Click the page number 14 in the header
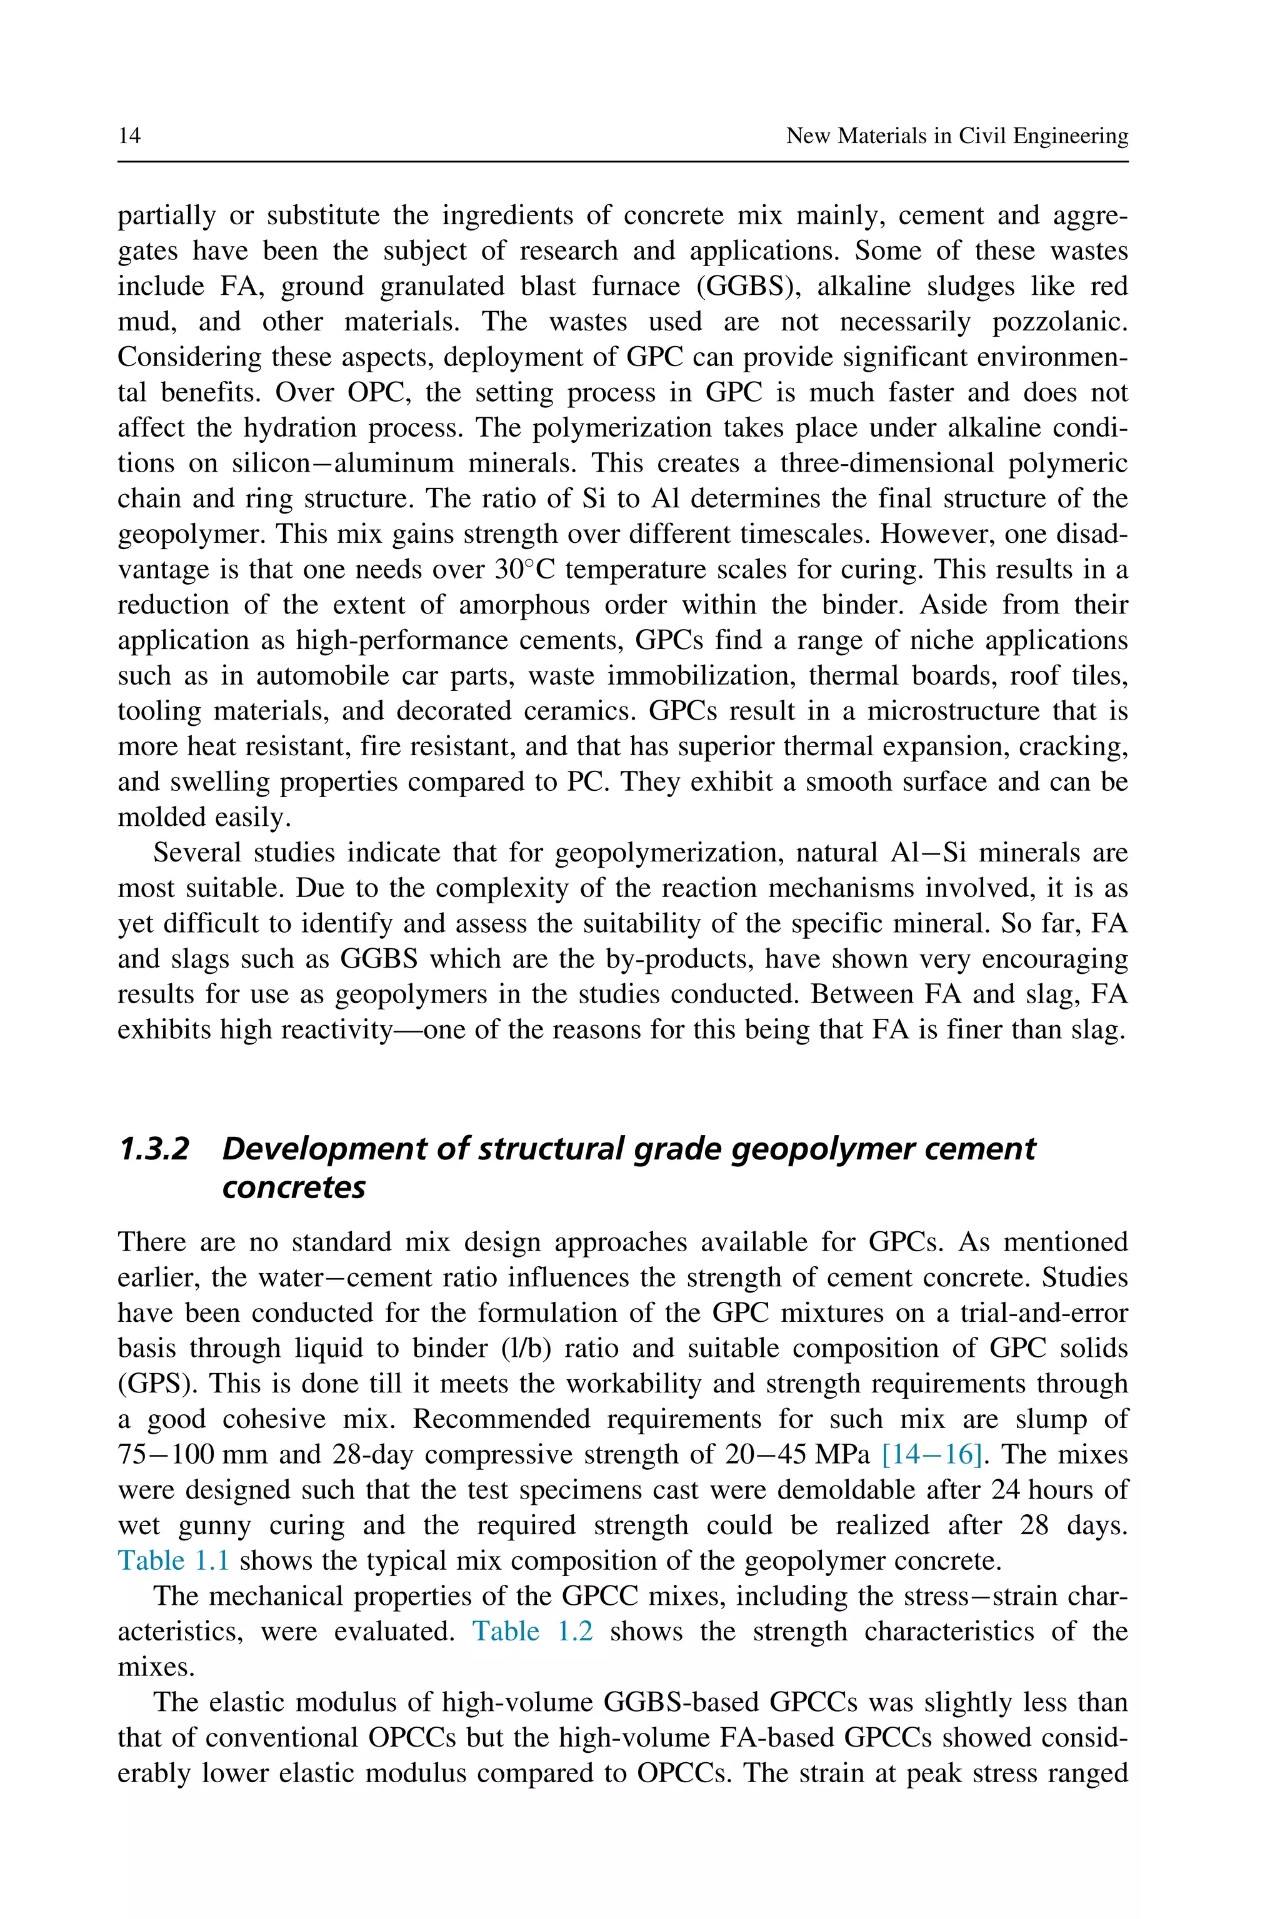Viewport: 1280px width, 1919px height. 130,136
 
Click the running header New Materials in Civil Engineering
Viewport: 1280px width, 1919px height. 957,136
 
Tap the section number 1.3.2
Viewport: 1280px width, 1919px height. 154,1149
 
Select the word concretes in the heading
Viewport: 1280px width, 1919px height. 293,1187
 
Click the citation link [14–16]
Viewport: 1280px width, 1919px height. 931,1455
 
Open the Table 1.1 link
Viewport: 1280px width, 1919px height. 173,1561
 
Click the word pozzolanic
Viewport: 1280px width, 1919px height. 1059,322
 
